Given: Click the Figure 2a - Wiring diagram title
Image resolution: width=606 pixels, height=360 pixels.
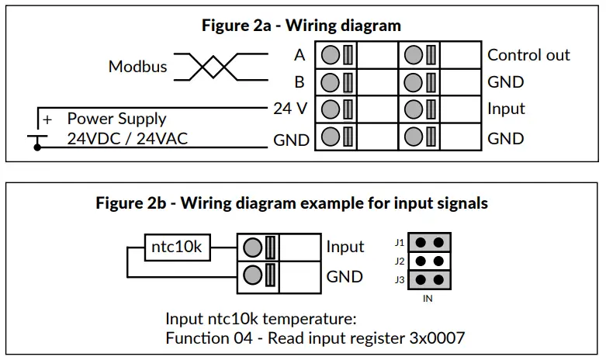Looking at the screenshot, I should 301,25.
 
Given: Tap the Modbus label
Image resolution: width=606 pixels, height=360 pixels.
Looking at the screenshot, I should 137,66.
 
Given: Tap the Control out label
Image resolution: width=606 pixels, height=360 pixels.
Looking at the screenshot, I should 528,55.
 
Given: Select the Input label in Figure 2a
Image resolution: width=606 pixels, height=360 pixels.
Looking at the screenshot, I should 506,109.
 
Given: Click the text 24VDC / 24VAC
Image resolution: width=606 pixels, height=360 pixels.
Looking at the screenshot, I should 127,139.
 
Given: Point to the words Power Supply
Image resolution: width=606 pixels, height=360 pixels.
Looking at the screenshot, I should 116,119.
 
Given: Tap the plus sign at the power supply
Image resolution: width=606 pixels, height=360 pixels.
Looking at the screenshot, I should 47,119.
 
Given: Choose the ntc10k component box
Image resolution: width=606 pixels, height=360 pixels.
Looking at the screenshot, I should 178,247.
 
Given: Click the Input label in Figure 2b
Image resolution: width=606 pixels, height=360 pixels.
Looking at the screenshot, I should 345,247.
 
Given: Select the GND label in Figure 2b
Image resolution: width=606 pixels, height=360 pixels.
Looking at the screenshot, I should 345,275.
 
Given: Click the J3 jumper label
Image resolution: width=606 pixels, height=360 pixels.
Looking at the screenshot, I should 400,279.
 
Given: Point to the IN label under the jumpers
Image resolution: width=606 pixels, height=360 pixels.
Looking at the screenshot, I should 428,297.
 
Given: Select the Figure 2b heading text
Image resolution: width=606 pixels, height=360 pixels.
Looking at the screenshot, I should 292,203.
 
